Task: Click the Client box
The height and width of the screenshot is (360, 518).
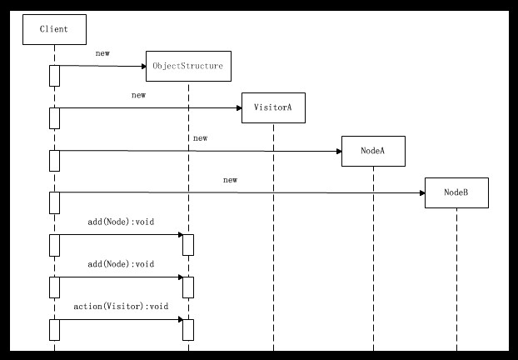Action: coord(54,30)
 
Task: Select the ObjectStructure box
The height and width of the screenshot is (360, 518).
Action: coord(188,66)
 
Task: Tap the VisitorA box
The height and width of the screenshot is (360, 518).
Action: coord(273,107)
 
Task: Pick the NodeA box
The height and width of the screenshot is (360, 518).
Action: coord(372,151)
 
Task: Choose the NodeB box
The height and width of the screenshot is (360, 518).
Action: coord(456,192)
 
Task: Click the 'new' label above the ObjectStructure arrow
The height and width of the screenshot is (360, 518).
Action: coord(102,53)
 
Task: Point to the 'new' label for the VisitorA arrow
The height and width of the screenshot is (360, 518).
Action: coord(138,96)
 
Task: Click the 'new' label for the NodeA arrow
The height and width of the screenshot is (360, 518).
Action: coord(200,137)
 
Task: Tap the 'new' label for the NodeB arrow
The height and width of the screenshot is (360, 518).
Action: coord(230,180)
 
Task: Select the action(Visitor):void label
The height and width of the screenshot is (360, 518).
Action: coord(121,307)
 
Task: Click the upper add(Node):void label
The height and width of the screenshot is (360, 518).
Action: coord(121,222)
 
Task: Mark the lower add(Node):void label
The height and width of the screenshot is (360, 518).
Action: coord(121,264)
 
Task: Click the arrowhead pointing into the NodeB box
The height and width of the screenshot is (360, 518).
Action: coord(421,193)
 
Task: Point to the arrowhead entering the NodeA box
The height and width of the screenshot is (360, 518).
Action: coord(337,151)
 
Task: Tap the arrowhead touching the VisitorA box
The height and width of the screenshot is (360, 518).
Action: coord(238,107)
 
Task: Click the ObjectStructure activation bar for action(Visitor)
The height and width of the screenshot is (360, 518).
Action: coord(188,329)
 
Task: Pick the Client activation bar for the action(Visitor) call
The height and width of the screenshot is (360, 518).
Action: coord(54,329)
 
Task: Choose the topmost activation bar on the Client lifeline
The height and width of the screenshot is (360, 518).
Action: coord(54,75)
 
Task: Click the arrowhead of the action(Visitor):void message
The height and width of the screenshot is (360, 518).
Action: coord(179,319)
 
